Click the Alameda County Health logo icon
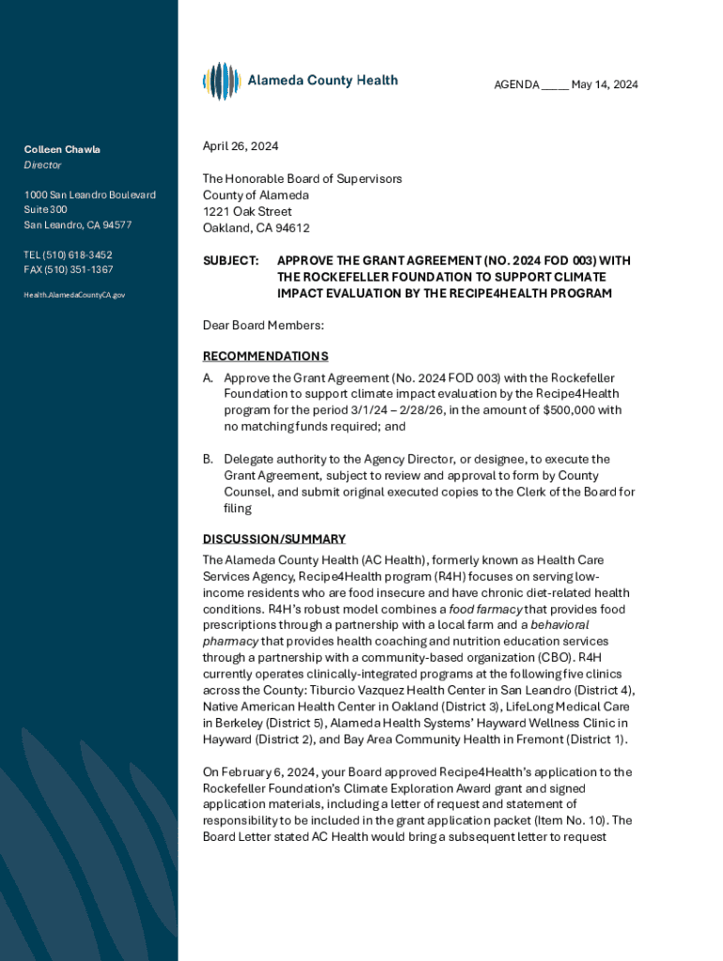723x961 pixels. [222, 82]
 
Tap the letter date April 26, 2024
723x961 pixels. [240, 146]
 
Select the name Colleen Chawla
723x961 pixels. [62, 149]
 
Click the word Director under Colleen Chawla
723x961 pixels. [43, 165]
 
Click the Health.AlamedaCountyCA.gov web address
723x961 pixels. [74, 295]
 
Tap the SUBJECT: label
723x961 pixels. [231, 260]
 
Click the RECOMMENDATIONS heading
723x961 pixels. [266, 357]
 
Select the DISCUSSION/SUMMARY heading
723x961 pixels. [274, 539]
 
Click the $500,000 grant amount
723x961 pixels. [567, 410]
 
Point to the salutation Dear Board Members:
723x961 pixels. [263, 326]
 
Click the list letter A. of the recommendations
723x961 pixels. [208, 378]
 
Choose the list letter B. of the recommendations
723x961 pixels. [208, 459]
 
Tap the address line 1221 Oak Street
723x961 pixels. [247, 211]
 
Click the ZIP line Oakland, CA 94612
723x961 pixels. [256, 228]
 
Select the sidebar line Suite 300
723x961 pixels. [45, 209]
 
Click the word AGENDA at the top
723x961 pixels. [516, 85]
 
